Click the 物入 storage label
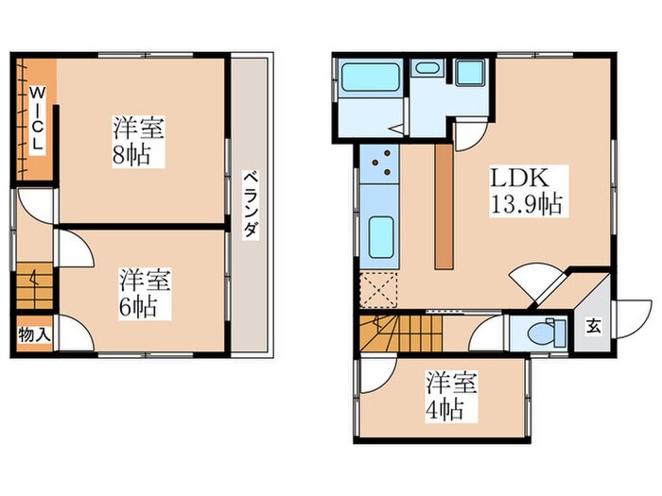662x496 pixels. (34, 335)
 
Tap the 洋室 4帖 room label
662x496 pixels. (450, 397)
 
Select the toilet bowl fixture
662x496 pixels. (540, 332)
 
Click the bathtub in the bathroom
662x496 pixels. (371, 77)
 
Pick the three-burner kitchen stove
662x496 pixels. (382, 166)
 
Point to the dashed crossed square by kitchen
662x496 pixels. (379, 291)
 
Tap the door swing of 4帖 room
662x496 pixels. (371, 374)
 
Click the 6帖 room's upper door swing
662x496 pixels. (74, 248)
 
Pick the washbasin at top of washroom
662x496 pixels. (427, 67)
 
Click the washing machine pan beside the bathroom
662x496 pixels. (469, 73)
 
